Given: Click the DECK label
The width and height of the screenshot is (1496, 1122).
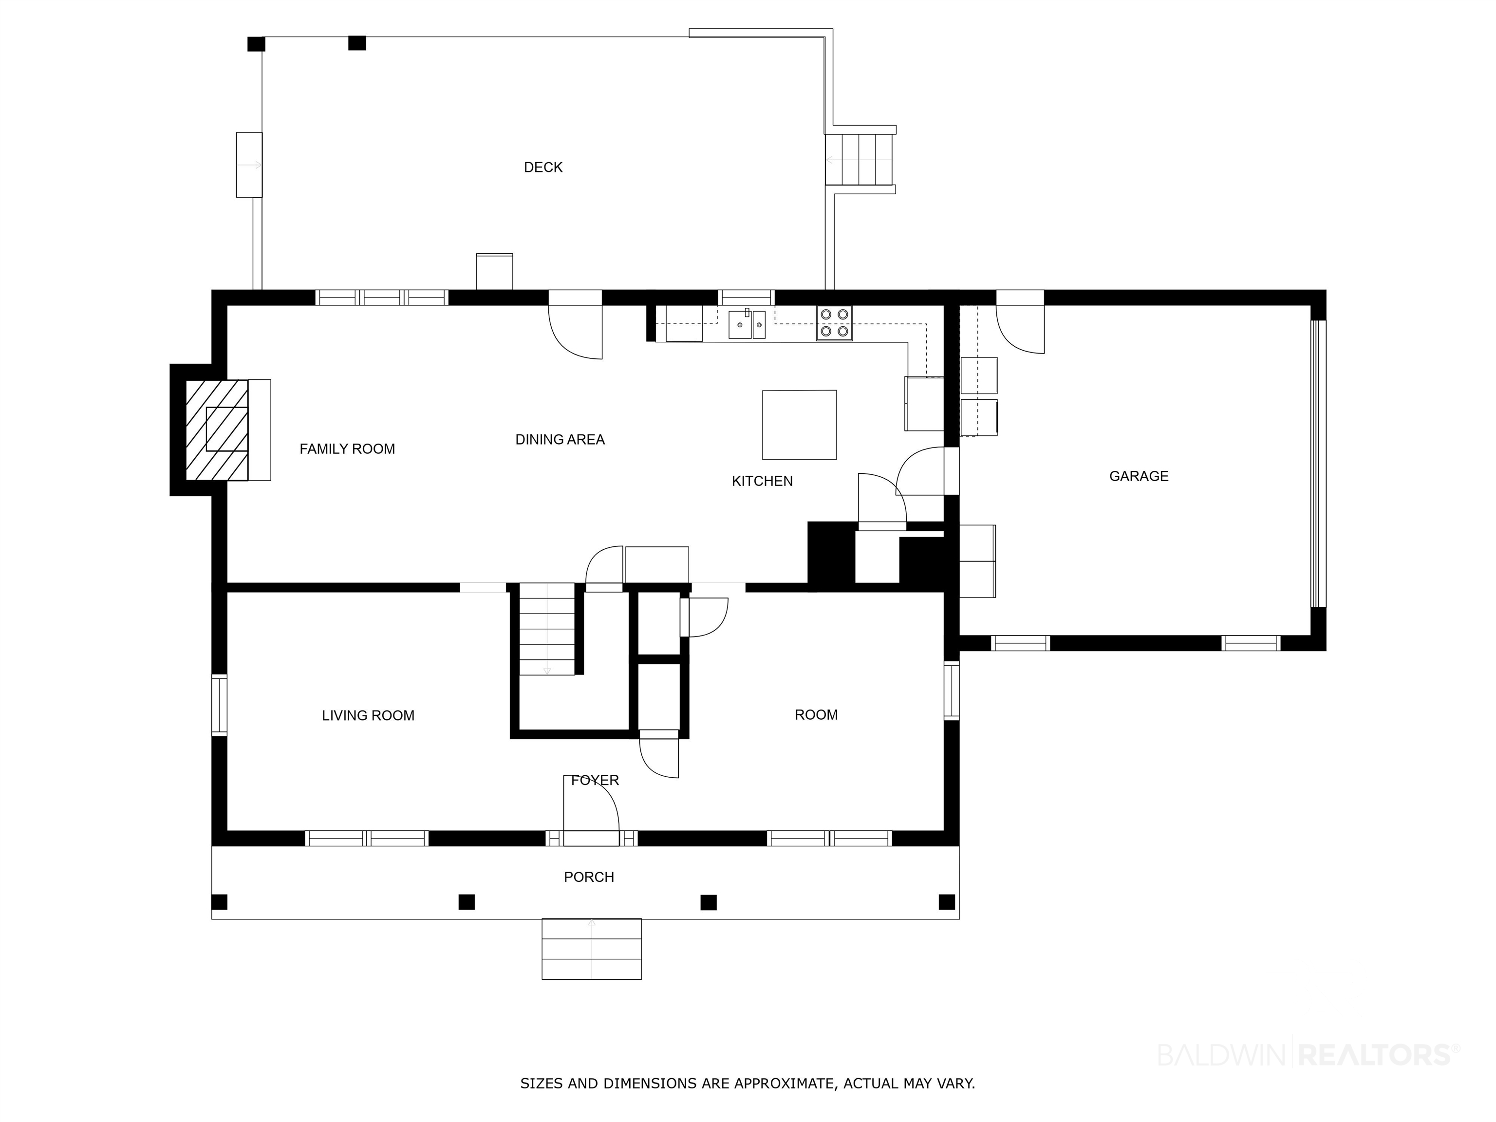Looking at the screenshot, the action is coord(543,167).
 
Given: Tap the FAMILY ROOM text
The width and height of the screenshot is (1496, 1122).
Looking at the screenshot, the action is coord(347,449).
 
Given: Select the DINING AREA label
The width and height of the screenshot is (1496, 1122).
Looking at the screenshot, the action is coord(560,440).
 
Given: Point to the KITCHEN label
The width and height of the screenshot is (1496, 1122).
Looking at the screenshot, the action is coord(762,481).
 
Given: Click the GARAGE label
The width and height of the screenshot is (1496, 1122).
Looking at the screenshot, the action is coord(1139,476).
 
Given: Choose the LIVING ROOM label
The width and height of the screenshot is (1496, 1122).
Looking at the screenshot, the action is coord(368,715).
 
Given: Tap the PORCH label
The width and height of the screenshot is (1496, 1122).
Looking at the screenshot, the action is coord(589,877).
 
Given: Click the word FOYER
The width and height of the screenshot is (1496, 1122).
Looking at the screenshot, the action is coord(595,781).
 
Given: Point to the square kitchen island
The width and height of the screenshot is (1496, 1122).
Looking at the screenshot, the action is coord(800,425).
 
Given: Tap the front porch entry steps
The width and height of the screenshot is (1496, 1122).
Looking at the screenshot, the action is coord(592,949).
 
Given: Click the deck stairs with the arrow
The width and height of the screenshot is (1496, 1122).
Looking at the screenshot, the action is coord(860,160).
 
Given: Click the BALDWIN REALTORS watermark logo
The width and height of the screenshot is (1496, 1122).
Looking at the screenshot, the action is coord(1309,1054).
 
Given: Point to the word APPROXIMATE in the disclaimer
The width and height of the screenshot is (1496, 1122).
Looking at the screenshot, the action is coord(785,1084).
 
